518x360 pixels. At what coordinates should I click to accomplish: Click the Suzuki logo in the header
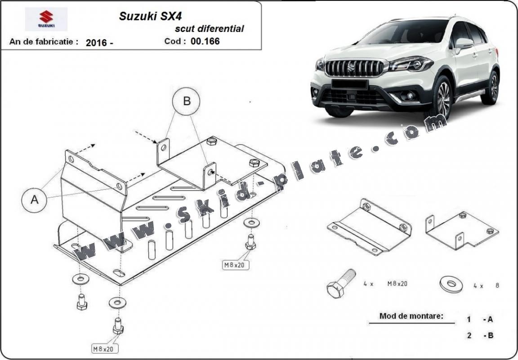46,19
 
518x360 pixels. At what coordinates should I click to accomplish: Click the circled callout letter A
35,200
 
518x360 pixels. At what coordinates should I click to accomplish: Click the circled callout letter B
187,101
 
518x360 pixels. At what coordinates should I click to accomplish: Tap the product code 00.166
205,41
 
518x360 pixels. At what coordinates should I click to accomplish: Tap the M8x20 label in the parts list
397,284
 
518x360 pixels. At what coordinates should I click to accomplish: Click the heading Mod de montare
411,316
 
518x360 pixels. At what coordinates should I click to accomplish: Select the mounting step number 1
469,320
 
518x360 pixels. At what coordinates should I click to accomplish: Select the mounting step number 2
469,335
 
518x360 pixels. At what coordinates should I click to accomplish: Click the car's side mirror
464,44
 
